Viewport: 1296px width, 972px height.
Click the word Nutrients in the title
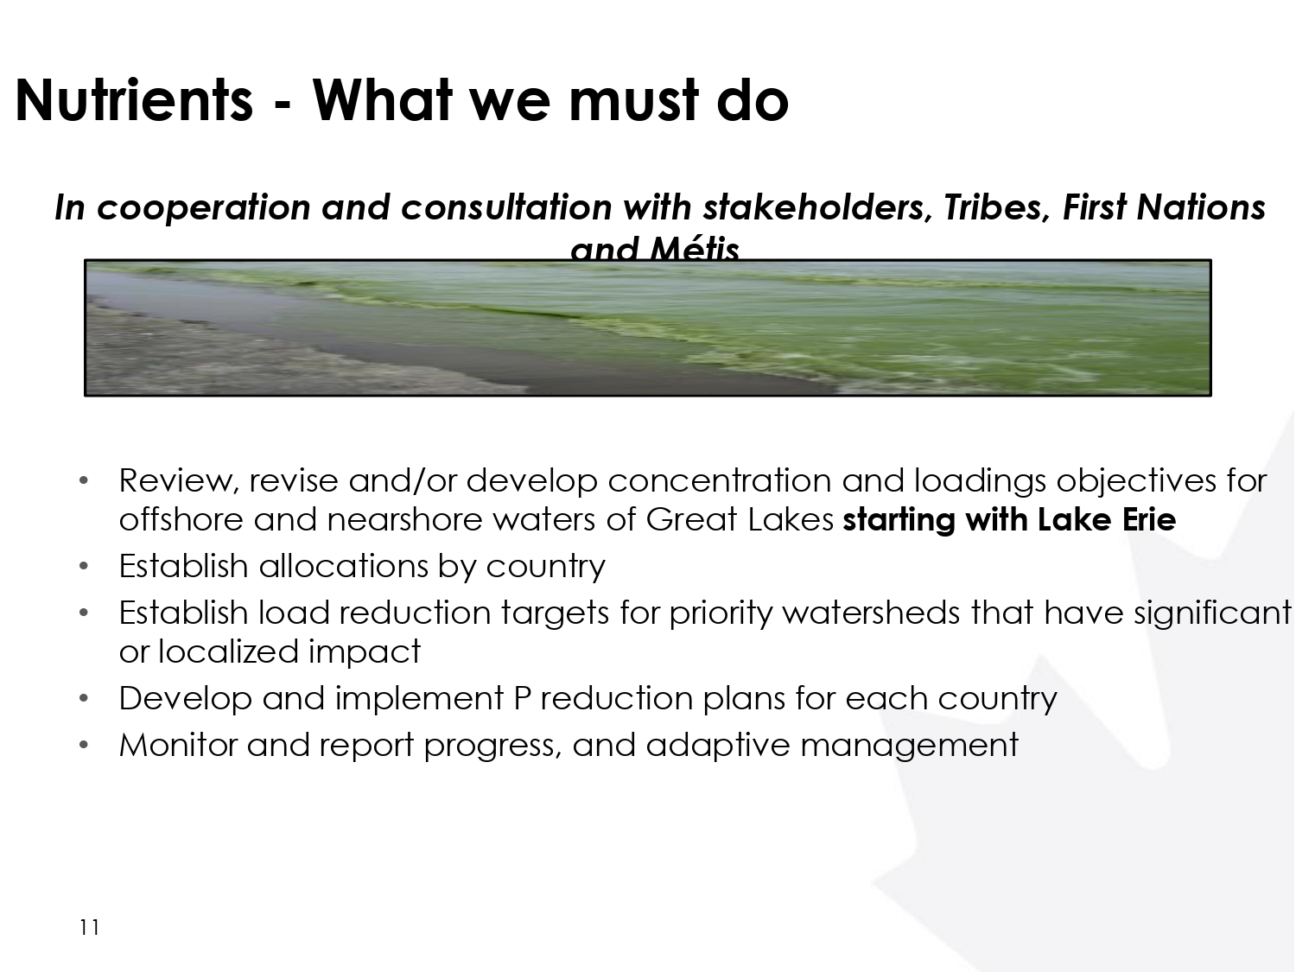[134, 100]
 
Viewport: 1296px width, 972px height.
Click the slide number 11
[89, 927]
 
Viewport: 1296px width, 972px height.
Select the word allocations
[343, 566]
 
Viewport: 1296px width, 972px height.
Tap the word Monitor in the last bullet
[178, 745]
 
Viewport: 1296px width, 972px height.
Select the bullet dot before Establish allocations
[83, 567]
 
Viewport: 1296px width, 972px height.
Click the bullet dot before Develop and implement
[83, 699]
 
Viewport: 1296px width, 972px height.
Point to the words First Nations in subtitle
[1164, 207]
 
